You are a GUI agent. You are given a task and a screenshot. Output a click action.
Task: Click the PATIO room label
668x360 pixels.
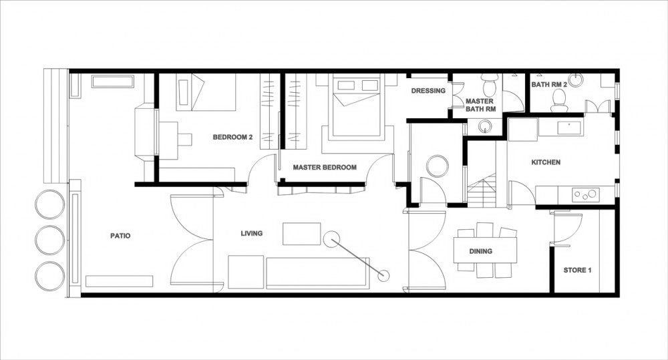click(120, 236)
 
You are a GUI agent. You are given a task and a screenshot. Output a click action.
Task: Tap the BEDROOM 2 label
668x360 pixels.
click(232, 137)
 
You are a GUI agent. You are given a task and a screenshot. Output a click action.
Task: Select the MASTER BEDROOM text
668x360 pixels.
click(325, 168)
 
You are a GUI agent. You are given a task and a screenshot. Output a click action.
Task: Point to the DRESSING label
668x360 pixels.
click(428, 91)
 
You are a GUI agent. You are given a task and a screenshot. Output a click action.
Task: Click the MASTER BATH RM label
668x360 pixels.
click(480, 105)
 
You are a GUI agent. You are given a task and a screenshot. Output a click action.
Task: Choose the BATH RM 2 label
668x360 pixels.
click(549, 84)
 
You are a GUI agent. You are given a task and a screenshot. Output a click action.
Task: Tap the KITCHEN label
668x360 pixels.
click(546, 162)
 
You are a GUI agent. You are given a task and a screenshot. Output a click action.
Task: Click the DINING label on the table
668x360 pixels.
click(480, 251)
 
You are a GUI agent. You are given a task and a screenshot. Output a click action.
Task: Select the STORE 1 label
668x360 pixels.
click(577, 270)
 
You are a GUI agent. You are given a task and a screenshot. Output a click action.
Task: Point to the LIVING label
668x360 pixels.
click(251, 234)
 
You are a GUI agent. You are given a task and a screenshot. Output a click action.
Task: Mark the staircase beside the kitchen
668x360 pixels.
click(482, 190)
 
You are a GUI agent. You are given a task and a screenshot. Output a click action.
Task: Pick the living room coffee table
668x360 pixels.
click(302, 234)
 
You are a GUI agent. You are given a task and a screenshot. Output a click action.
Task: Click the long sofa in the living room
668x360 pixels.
click(317, 273)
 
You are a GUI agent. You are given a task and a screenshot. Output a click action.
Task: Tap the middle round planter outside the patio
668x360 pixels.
click(50, 240)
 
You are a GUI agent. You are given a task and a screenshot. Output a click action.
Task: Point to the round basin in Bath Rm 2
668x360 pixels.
click(575, 80)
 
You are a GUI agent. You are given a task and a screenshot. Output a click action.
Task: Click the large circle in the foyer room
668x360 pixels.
click(438, 166)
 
